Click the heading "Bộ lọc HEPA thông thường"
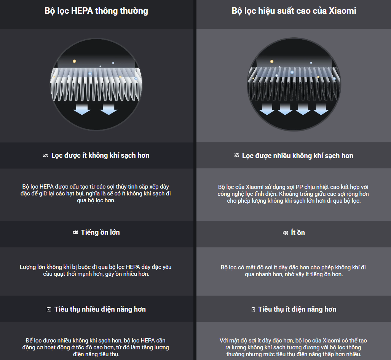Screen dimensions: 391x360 [x=96, y=11]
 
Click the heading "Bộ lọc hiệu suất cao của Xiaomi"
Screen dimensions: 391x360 [x=294, y=11]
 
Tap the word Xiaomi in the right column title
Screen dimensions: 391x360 [x=342, y=11]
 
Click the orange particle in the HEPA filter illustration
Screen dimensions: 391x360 [x=74, y=61]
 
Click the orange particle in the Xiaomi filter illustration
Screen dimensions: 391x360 [x=272, y=61]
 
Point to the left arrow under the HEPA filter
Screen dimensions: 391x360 [x=82, y=109]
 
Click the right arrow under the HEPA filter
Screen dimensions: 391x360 [x=109, y=109]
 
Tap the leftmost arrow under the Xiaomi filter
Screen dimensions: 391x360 [x=267, y=109]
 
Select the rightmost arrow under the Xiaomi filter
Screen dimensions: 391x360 [x=321, y=109]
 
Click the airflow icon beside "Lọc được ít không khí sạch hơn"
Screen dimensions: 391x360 [x=45, y=156]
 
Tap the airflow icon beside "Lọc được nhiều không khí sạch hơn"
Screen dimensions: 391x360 [x=237, y=155]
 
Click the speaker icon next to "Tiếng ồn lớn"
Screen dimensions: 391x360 [x=75, y=232]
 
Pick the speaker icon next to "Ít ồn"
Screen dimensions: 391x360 [x=285, y=233]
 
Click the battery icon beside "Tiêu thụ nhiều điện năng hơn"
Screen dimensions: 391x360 [x=49, y=309]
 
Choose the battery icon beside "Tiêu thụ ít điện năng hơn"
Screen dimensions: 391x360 [x=253, y=309]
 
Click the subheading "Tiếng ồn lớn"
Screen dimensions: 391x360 [x=100, y=232]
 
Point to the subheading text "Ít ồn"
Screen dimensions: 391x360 [x=298, y=232]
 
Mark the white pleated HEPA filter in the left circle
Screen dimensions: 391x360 [x=96, y=85]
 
